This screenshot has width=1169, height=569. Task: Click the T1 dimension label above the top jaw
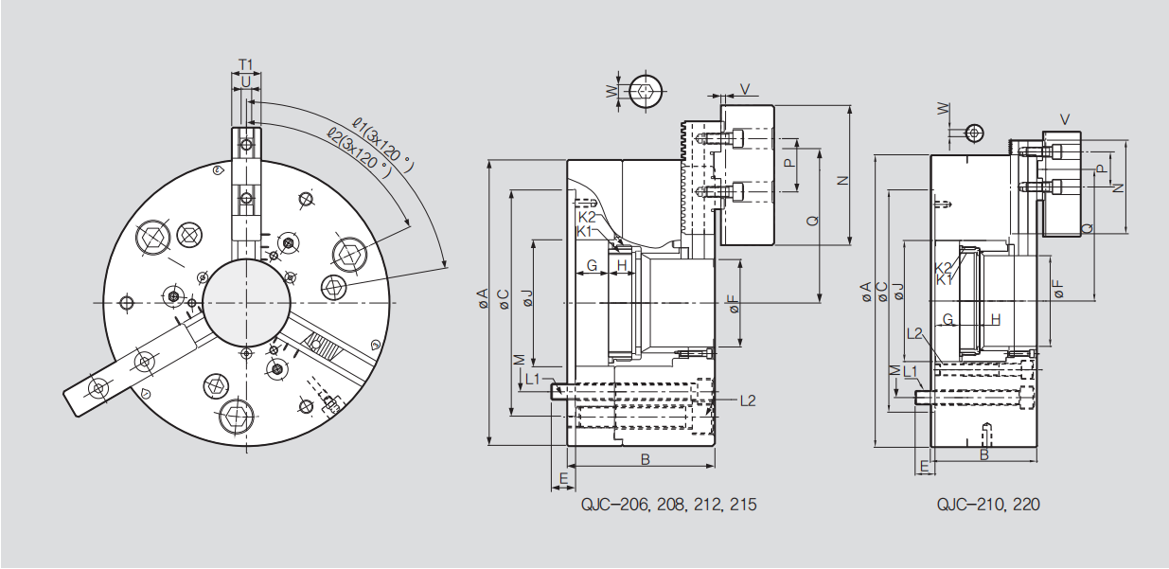pyautogui.click(x=245, y=64)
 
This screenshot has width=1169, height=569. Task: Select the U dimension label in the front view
pyautogui.click(x=246, y=82)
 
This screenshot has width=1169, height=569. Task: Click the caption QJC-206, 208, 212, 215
pyautogui.click(x=669, y=505)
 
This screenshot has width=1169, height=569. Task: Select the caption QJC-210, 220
pyautogui.click(x=988, y=505)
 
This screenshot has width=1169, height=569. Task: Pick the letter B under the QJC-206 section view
pyautogui.click(x=645, y=460)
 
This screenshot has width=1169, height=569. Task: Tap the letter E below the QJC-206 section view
pyautogui.click(x=563, y=479)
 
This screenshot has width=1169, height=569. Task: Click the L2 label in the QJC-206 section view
pyautogui.click(x=747, y=400)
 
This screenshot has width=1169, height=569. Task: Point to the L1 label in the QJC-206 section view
pyautogui.click(x=532, y=379)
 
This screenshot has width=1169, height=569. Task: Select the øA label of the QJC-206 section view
pyautogui.click(x=481, y=299)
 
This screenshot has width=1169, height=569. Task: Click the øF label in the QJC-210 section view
pyautogui.click(x=1057, y=289)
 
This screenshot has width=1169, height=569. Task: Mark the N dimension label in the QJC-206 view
pyautogui.click(x=841, y=180)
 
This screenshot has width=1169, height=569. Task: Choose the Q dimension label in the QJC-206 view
pyautogui.click(x=811, y=221)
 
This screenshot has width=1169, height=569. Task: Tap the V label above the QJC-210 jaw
pyautogui.click(x=1065, y=119)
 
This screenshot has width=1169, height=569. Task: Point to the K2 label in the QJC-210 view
pyautogui.click(x=943, y=268)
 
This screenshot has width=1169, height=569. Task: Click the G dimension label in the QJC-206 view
pyautogui.click(x=593, y=266)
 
